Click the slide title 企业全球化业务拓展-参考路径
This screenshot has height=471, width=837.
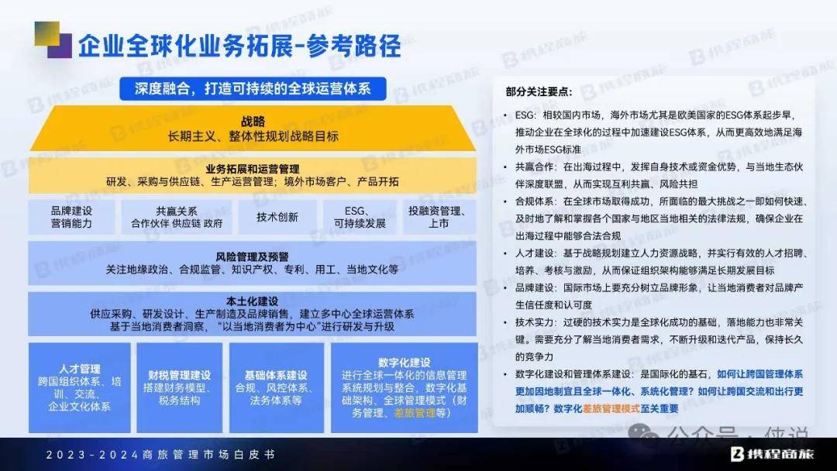tap(239, 46)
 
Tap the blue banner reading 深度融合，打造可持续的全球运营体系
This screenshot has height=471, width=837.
tap(253, 88)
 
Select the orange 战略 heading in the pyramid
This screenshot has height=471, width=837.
tap(253, 122)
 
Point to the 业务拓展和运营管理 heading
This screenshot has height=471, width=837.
tap(253, 169)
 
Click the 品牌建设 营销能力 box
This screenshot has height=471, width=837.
tap(71, 217)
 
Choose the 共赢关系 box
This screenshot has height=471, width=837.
tap(177, 217)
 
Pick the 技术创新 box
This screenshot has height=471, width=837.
tap(277, 217)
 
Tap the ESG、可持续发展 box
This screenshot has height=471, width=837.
tap(360, 217)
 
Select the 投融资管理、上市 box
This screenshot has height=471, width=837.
tap(439, 217)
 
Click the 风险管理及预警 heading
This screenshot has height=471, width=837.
tap(253, 257)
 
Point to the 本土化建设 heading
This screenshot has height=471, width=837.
tap(253, 301)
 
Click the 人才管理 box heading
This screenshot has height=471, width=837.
tap(80, 369)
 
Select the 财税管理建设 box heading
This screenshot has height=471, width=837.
tap(179, 375)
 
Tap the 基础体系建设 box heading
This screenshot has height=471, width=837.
tap(276, 375)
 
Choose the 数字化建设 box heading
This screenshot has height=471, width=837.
tap(404, 363)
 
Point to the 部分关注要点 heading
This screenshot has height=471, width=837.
tap(539, 91)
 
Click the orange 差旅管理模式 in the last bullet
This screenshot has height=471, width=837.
tap(611, 408)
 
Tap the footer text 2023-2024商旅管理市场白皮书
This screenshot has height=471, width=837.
tap(160, 455)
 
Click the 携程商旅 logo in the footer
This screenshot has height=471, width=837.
tap(772, 454)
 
